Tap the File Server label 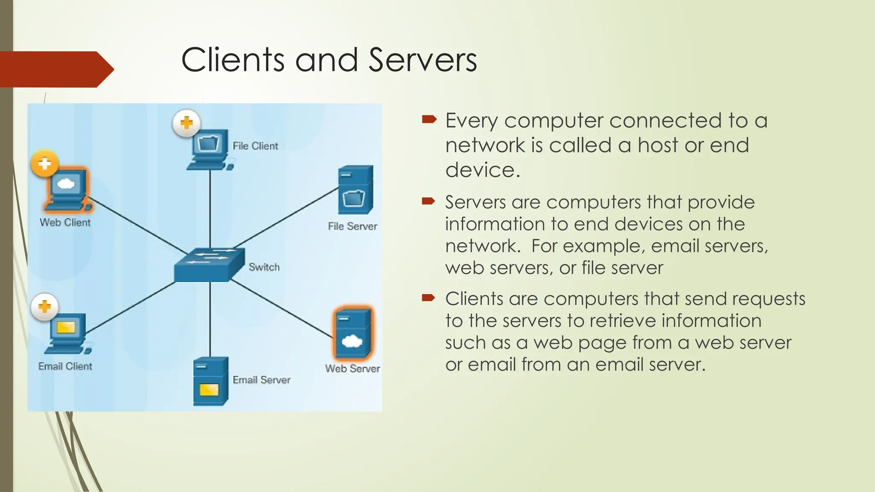coord(352,226)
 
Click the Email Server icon coord(211,381)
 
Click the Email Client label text coord(65,366)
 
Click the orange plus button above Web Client coord(45,164)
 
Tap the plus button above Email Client coord(45,307)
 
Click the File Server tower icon coord(355,190)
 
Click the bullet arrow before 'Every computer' coord(429,120)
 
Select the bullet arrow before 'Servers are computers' coord(429,201)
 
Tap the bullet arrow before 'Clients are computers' coord(429,297)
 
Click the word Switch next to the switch coord(264,267)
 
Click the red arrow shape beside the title coord(56,69)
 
